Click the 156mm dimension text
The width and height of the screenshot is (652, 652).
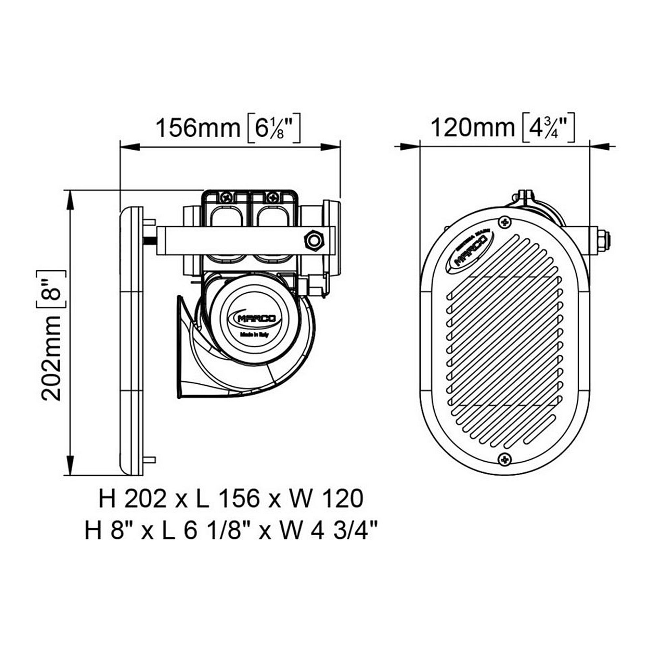[x=198, y=128]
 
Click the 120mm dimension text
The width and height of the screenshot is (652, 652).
[x=472, y=128]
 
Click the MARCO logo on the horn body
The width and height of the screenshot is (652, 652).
[x=255, y=318]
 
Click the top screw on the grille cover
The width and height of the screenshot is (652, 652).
[x=505, y=222]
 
